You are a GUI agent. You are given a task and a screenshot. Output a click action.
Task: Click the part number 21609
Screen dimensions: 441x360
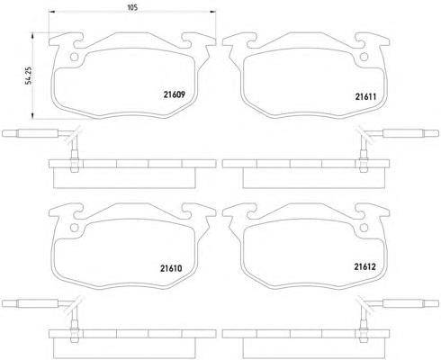point(175,94)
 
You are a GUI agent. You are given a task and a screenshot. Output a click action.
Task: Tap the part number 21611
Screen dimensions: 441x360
point(365,96)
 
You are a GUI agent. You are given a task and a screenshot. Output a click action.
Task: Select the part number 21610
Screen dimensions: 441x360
point(171,268)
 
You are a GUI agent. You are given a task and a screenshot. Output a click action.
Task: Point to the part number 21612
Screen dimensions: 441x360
point(364,266)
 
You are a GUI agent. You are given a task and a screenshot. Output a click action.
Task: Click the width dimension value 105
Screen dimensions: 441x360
point(132,7)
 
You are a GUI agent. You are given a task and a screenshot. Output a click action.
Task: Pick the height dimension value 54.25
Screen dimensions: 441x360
point(29,76)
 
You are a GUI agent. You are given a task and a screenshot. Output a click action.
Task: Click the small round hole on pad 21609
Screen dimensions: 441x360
point(74,57)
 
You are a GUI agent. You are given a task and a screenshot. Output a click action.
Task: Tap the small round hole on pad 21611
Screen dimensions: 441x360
point(364,57)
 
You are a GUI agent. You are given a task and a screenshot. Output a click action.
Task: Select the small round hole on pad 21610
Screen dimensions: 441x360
point(74,228)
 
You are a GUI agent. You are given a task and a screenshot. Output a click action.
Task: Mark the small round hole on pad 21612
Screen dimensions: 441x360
point(364,228)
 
